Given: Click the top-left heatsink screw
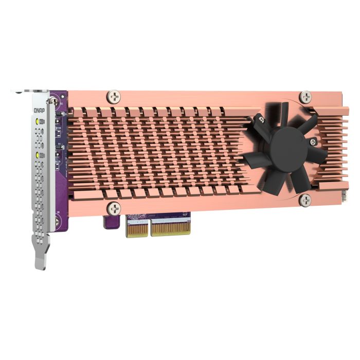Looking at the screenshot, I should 114,97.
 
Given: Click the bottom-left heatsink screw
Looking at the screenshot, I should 113,208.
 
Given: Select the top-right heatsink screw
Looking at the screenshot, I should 305,96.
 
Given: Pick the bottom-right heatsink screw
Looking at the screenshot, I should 305,200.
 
